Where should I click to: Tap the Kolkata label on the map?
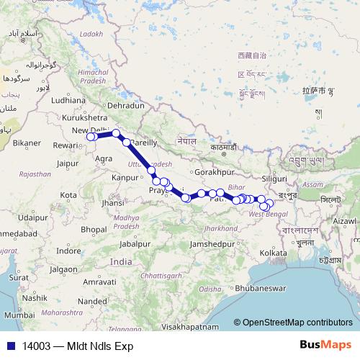click(274, 253)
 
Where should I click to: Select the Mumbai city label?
click(19, 315)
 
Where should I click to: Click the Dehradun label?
click(128, 105)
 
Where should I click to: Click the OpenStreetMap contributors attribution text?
click(297, 323)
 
